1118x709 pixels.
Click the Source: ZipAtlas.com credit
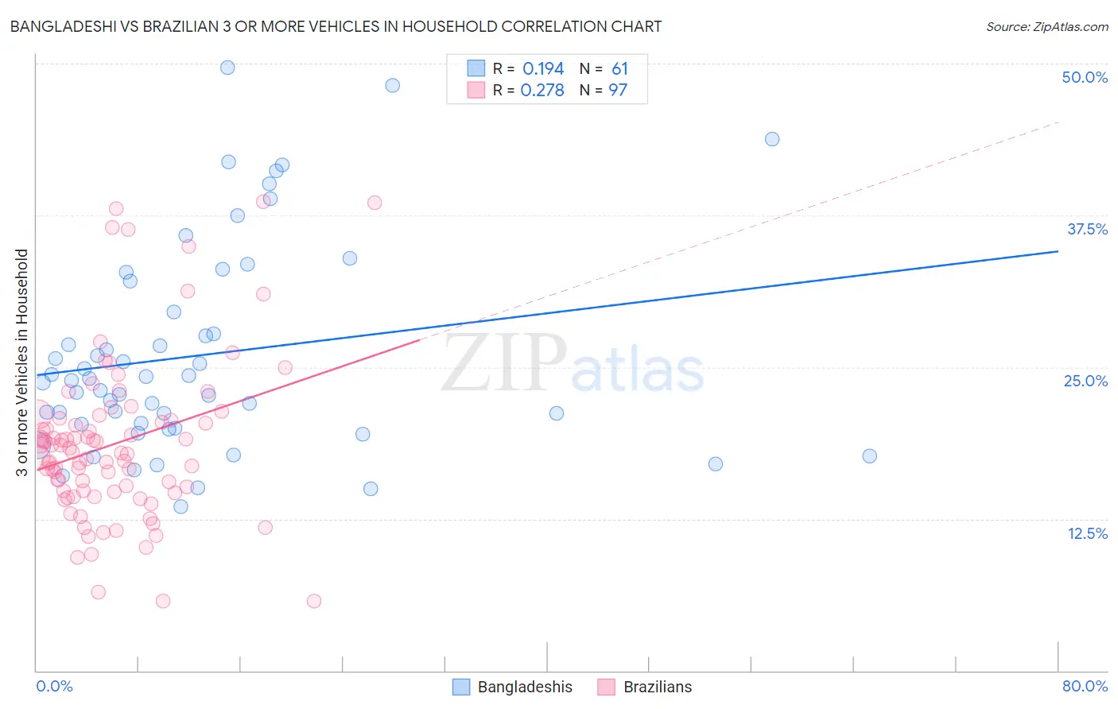tap(1046, 26)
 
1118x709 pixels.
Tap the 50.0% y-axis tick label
tap(1085, 77)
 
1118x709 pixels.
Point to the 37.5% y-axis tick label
tap(1087, 229)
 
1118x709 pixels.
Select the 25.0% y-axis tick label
tap(1085, 381)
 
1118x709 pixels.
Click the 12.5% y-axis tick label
tap(1087, 533)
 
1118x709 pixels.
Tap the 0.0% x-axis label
tap(54, 686)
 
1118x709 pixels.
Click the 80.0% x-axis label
tap(1085, 686)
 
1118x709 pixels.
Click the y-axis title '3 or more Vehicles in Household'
tap(22, 362)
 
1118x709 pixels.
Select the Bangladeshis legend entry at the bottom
tap(513, 687)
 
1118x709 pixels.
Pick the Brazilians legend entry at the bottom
tap(645, 687)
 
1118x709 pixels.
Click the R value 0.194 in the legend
tap(543, 69)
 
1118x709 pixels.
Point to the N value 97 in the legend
tap(618, 90)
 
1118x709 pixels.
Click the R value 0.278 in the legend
tap(542, 90)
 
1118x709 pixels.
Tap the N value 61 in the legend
tap(619, 69)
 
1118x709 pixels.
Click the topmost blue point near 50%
tap(227, 68)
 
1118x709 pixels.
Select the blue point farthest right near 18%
tap(870, 456)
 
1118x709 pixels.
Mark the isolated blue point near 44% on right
tap(772, 139)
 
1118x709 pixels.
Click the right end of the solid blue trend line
tap(1058, 251)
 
